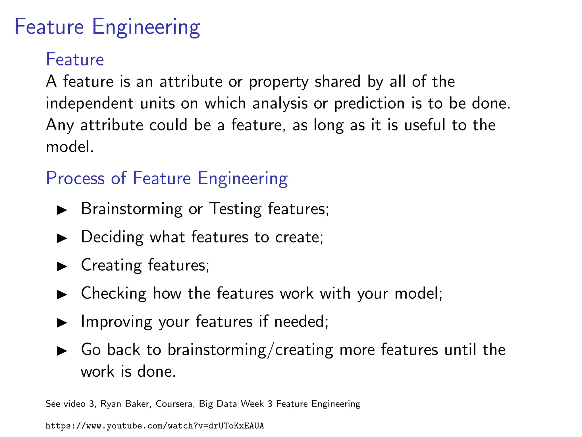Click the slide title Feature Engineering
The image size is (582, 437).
107,27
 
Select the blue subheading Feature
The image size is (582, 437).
75,59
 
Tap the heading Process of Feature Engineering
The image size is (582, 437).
167,178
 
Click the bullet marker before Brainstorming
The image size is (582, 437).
62,210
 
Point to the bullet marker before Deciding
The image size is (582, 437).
62,238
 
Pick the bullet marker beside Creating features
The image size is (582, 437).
62,266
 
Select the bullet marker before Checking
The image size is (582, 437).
62,294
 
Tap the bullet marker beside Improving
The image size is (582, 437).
62,323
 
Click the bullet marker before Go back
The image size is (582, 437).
62,351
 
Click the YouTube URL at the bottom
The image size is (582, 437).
155,426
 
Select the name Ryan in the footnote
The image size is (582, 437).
111,404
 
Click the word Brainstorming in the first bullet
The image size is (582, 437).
132,209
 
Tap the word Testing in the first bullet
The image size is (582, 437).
235,209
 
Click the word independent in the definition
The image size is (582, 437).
90,103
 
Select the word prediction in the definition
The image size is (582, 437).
369,104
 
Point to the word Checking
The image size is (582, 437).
114,293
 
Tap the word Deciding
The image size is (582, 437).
112,237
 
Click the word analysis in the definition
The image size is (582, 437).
280,103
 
